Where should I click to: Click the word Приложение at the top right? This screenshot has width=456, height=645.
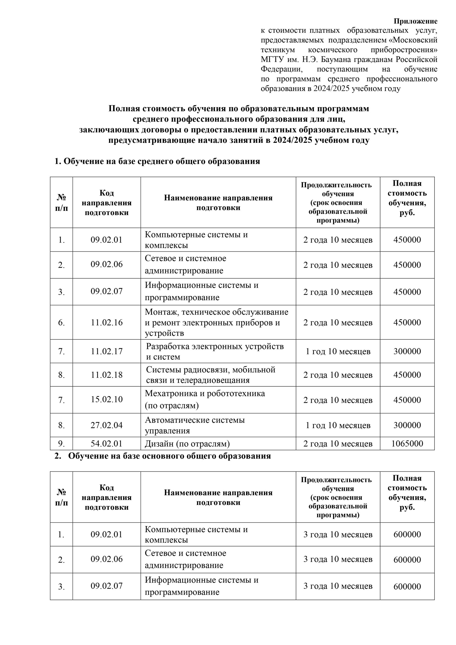(x=415, y=21)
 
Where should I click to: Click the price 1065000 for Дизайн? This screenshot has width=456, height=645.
(x=407, y=444)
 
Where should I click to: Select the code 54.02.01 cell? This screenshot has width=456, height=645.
(x=107, y=444)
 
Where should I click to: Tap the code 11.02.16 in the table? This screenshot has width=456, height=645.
(x=107, y=322)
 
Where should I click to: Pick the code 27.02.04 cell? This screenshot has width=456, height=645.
(x=107, y=425)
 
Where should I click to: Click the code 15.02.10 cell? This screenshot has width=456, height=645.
(x=107, y=399)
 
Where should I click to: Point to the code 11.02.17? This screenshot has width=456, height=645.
(x=107, y=351)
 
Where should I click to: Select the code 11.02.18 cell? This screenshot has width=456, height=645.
(x=107, y=375)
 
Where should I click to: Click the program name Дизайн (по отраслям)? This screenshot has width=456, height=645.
(x=187, y=444)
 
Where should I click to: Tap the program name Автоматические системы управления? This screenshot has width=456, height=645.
(x=195, y=425)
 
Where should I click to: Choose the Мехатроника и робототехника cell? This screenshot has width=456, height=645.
(x=205, y=399)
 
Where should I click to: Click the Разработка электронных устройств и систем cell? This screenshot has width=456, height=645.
(x=215, y=351)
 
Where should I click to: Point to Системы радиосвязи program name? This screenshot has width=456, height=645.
(x=210, y=375)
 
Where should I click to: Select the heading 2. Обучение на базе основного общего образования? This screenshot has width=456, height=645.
(x=163, y=456)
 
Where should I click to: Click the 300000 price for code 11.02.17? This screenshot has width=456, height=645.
(x=407, y=351)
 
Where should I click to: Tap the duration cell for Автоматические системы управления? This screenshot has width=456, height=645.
(x=338, y=425)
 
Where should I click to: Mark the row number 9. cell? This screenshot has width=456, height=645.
(x=61, y=444)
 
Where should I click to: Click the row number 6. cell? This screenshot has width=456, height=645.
(x=61, y=322)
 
